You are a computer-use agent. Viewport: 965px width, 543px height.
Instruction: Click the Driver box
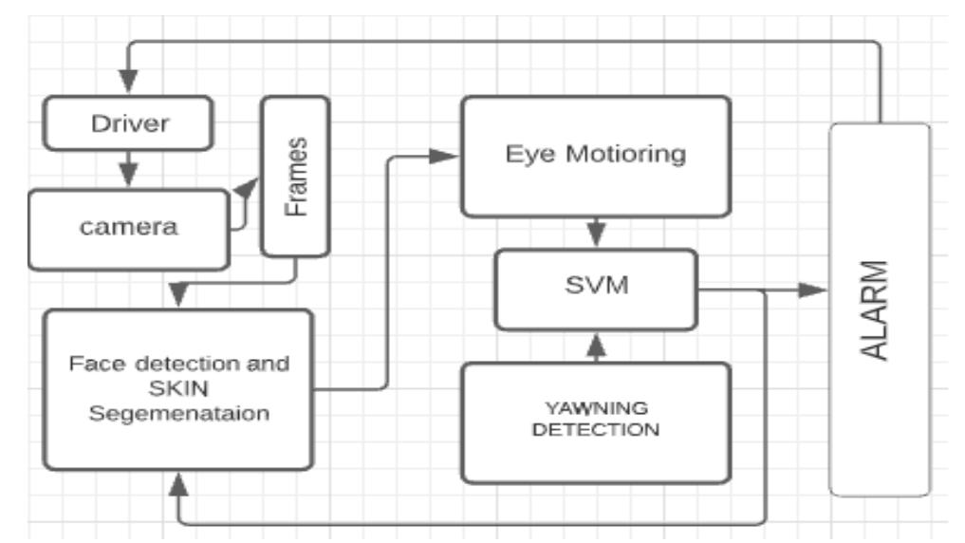[129, 123]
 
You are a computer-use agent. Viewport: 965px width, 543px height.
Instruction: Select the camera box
[130, 229]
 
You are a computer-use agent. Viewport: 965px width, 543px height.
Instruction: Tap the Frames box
[295, 177]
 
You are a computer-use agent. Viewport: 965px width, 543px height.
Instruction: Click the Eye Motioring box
[595, 157]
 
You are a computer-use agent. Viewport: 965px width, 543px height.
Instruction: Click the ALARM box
[880, 309]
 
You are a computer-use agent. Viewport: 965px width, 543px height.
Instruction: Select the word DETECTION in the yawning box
[596, 429]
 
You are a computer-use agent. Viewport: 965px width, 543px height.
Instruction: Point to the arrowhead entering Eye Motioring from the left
[445, 156]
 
